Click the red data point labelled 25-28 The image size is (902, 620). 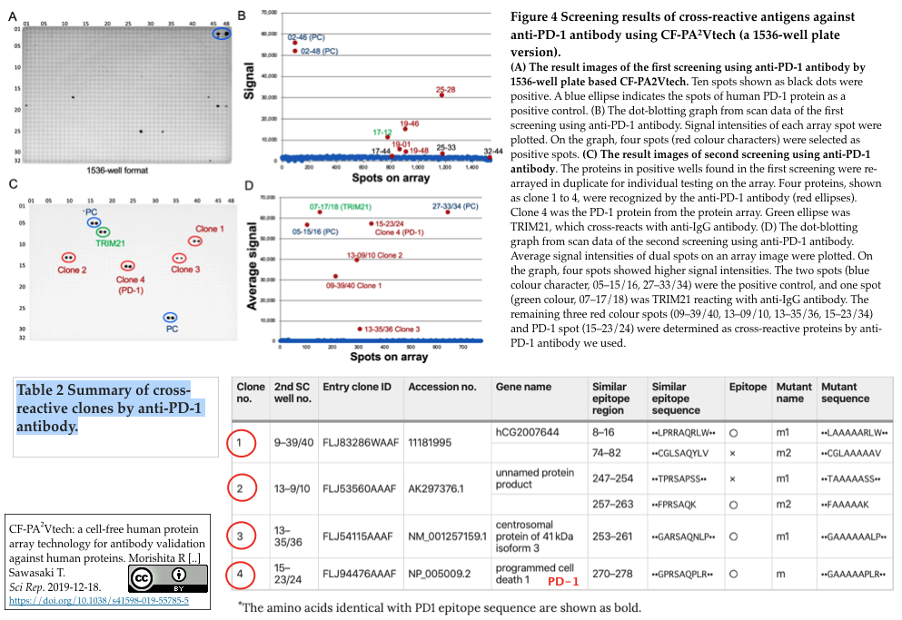[442, 95]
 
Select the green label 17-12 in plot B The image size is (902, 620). [382, 132]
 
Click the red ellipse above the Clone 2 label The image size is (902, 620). [69, 258]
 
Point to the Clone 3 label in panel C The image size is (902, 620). [184, 270]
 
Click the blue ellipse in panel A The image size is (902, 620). [222, 34]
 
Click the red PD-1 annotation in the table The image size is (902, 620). [562, 580]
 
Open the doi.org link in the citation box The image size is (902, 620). [98, 601]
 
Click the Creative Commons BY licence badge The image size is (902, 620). [168, 577]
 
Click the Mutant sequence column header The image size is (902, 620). [845, 392]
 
